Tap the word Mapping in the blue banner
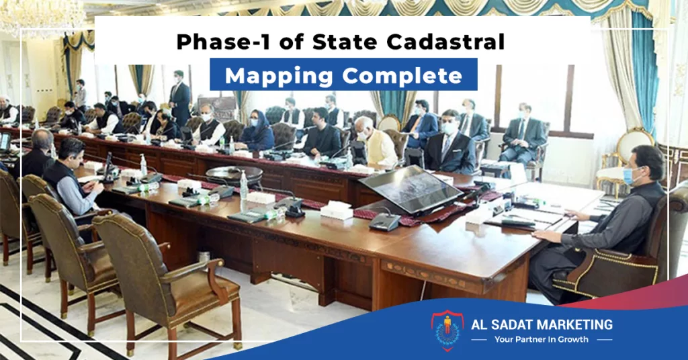(x=279, y=75)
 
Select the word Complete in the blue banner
(x=402, y=75)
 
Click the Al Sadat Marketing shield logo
(x=447, y=330)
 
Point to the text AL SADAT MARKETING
(x=542, y=325)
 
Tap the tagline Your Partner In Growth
(x=542, y=339)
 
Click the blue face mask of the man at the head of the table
(x=630, y=175)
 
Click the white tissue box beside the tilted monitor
(x=337, y=210)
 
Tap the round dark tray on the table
(x=234, y=174)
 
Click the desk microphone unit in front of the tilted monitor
(x=384, y=222)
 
